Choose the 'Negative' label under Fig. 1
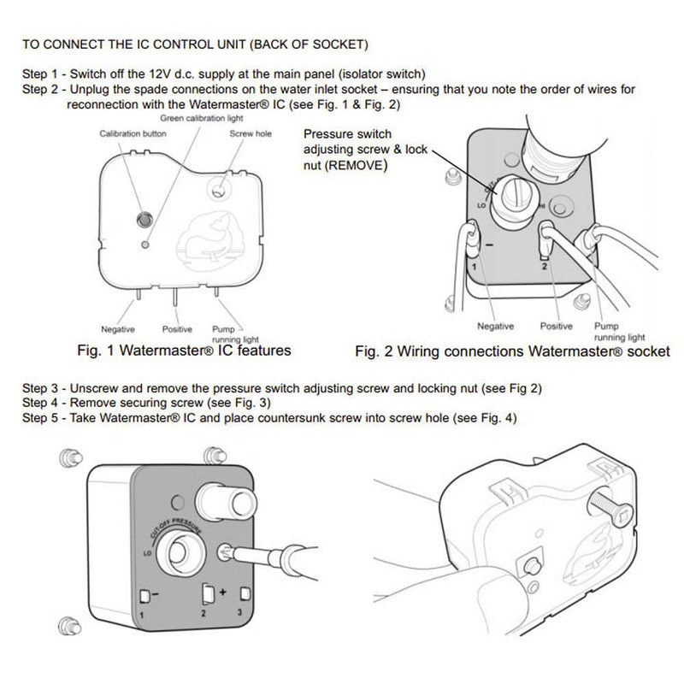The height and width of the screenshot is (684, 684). coord(118,328)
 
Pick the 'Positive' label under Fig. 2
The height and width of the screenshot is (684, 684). coord(557,326)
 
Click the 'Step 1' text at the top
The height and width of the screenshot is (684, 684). coord(39,73)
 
